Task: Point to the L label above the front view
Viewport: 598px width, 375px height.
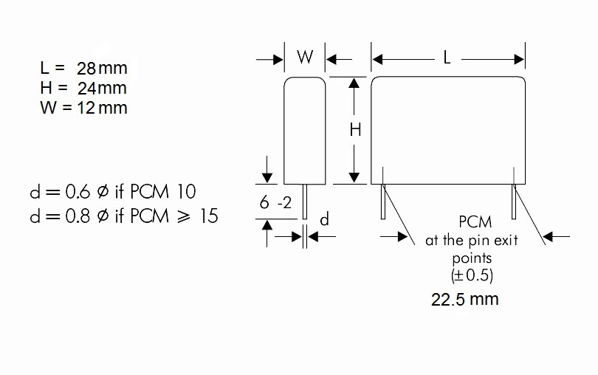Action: [x=447, y=58]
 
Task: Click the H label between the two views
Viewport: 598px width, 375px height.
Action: [x=355, y=130]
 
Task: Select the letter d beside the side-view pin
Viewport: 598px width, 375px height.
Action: [x=323, y=220]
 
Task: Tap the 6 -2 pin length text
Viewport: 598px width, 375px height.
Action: [x=274, y=202]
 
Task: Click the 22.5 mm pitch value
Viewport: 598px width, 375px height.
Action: [x=465, y=299]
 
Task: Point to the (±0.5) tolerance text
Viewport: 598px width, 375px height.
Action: [x=472, y=275]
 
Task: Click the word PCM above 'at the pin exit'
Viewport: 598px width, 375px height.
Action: [x=475, y=222]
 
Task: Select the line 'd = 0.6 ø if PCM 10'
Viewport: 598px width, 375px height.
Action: [x=112, y=192]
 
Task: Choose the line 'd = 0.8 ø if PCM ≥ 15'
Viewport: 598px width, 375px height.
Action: [x=123, y=216]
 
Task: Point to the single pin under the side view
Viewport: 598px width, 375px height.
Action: [x=305, y=201]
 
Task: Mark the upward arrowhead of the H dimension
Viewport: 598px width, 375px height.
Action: [x=354, y=82]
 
